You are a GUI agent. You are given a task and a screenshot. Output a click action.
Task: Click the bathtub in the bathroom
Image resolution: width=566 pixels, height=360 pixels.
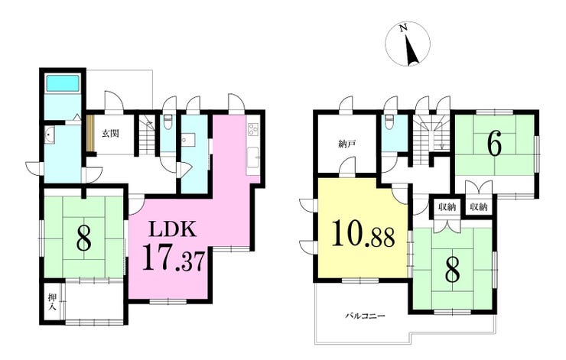tap(63, 83)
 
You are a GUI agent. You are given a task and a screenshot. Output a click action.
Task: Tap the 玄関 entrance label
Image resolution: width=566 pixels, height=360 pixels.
tap(110, 134)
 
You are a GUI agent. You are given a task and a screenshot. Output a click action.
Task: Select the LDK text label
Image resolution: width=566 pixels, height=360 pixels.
tap(174, 229)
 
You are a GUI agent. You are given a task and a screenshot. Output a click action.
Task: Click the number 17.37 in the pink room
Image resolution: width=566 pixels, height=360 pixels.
tap(174, 257)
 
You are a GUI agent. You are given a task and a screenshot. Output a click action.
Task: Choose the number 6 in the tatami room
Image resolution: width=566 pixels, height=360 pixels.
tap(495, 144)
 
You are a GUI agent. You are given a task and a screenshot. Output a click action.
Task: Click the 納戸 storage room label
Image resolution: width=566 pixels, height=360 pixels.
tap(347, 144)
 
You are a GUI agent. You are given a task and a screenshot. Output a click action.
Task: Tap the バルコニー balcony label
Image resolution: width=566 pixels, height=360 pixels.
tap(365, 316)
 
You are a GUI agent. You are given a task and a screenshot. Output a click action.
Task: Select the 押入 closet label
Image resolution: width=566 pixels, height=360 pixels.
tap(52, 302)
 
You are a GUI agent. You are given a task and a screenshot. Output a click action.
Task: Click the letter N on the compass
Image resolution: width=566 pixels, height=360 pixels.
tap(404, 28)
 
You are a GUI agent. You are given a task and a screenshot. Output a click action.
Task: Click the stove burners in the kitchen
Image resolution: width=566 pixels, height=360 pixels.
tap(252, 129)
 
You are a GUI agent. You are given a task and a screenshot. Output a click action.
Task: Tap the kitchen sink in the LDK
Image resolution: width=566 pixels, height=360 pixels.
tap(252, 158)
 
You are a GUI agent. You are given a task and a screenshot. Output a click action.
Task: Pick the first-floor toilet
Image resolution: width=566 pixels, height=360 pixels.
tap(168, 122)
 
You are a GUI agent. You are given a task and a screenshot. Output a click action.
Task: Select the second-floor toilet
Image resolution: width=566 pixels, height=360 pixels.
tap(389, 122)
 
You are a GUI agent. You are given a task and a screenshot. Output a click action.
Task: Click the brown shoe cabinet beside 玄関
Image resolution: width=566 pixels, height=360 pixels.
tap(90, 133)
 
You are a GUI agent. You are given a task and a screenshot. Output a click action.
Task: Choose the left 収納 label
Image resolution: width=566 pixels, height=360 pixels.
tap(447, 207)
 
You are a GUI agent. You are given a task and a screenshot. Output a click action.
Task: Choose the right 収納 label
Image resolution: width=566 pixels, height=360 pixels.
tap(479, 207)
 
